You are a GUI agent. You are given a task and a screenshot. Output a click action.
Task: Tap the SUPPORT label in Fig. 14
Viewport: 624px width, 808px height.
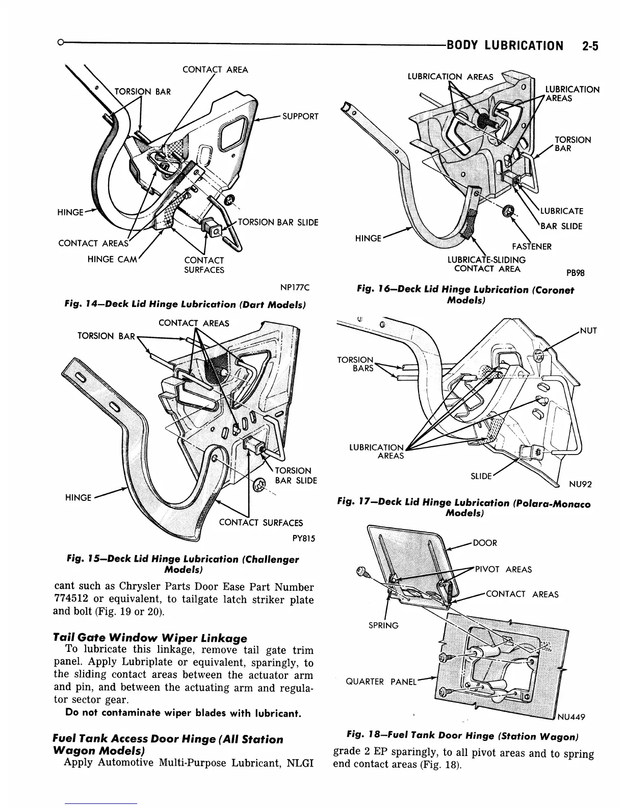(x=300, y=116)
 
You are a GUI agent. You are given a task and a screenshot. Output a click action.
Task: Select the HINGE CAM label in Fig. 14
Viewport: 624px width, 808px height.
(x=113, y=259)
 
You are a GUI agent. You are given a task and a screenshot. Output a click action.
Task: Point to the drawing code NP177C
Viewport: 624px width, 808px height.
(x=295, y=288)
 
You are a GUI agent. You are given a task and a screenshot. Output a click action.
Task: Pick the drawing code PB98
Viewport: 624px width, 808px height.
(x=575, y=273)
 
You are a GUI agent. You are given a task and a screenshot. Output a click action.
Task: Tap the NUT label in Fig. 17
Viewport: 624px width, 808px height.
(x=588, y=331)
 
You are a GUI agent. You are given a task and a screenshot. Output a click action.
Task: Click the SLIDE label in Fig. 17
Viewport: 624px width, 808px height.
(x=481, y=476)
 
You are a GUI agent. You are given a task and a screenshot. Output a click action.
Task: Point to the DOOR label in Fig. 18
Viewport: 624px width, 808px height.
(x=485, y=543)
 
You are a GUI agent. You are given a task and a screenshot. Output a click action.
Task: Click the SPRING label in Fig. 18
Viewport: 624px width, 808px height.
(x=383, y=625)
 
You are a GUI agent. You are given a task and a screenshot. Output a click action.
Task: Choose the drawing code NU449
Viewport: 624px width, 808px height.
(x=570, y=717)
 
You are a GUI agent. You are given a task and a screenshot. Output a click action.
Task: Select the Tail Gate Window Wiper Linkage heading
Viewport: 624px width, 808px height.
(x=150, y=638)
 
